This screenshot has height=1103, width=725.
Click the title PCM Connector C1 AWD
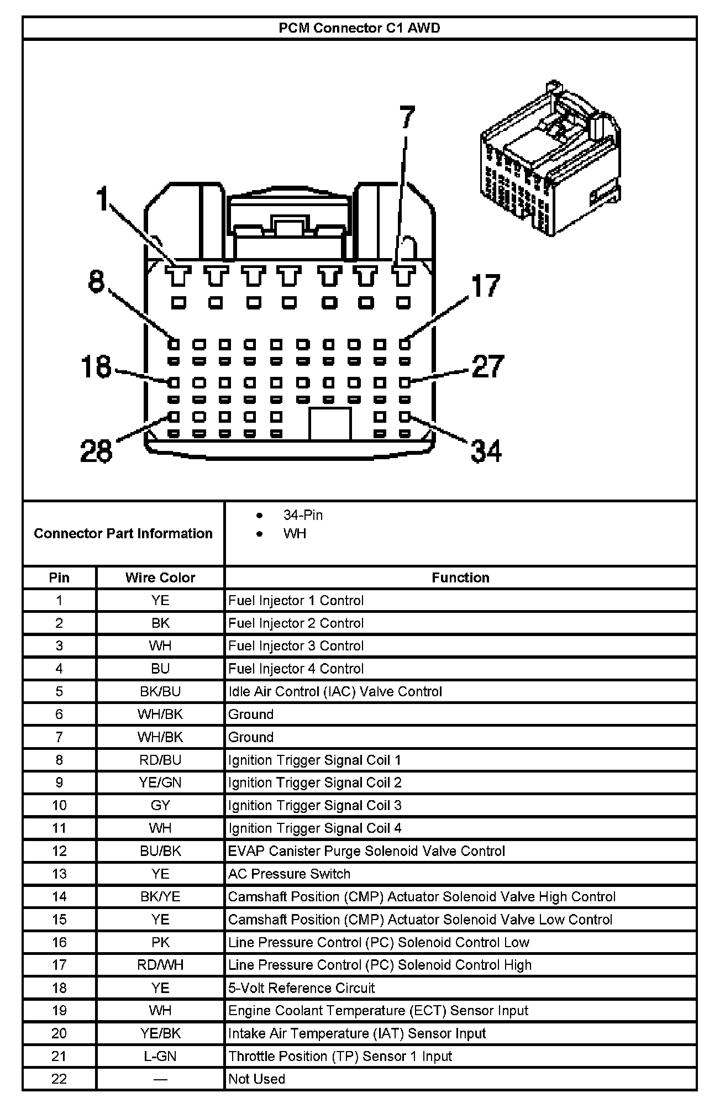(x=359, y=28)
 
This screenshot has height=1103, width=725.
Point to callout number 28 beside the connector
(x=96, y=451)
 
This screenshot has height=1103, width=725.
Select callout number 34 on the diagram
(x=486, y=450)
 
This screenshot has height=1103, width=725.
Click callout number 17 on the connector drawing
(x=486, y=286)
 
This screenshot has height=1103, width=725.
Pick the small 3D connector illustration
(x=550, y=160)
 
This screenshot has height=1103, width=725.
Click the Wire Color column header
(x=160, y=577)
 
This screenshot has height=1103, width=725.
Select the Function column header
(x=460, y=577)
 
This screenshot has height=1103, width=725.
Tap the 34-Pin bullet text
(x=303, y=515)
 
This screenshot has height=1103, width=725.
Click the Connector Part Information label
(x=123, y=533)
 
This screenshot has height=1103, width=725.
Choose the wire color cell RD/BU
(x=160, y=760)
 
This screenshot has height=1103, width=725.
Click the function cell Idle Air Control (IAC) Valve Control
(x=335, y=691)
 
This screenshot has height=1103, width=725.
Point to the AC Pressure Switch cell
(x=289, y=874)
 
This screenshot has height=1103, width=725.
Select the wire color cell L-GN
(x=160, y=1056)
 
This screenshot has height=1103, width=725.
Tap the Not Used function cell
(x=256, y=1079)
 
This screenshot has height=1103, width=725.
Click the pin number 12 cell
(x=59, y=851)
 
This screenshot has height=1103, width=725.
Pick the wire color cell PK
(x=160, y=942)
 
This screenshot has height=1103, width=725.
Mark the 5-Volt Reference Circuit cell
(x=301, y=988)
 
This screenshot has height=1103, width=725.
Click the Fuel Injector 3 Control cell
(x=296, y=645)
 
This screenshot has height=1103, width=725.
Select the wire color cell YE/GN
(x=160, y=782)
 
